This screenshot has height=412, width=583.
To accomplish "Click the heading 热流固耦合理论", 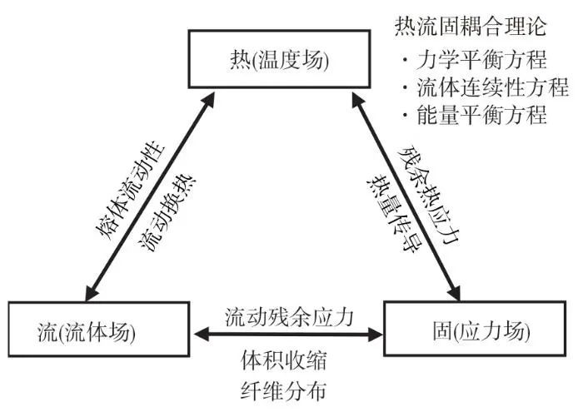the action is click(x=471, y=26).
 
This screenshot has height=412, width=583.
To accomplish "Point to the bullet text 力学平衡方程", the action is click(x=482, y=59).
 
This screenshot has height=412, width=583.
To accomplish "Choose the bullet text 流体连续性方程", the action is click(x=493, y=87).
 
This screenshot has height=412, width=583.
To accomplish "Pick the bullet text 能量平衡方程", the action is click(x=482, y=115).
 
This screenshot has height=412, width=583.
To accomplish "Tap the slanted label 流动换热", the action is click(x=167, y=213).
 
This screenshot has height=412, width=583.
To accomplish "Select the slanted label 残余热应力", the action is click(x=429, y=195).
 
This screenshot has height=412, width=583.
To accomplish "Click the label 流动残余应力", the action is click(x=288, y=317).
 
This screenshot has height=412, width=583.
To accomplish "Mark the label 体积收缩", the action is click(x=283, y=360).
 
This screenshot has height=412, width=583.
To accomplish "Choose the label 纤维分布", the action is click(x=283, y=390).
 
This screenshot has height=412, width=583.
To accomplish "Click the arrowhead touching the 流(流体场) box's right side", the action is click(x=202, y=335).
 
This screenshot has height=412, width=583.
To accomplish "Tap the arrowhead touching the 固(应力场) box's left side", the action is click(x=375, y=335).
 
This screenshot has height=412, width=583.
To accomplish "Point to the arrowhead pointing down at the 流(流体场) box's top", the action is click(x=92, y=293).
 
